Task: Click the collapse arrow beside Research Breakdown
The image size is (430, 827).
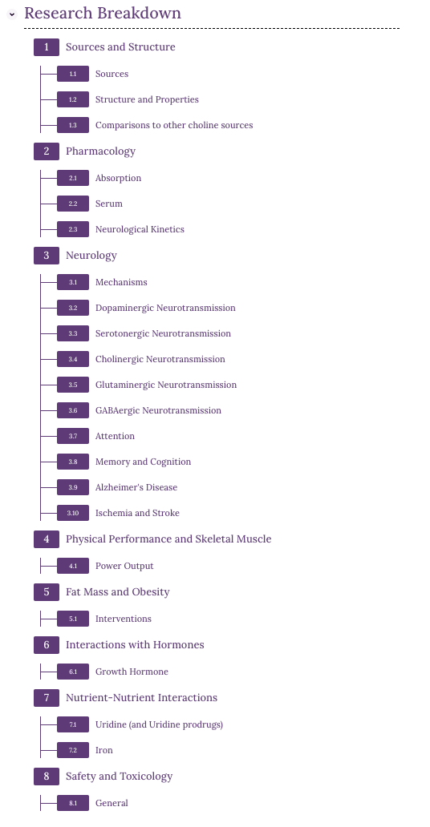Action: pos(12,14)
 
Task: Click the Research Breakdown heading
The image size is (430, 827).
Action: pos(103,13)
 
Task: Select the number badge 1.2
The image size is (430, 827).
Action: pos(73,99)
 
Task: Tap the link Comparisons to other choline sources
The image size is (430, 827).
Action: pos(174,126)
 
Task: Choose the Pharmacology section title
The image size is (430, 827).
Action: pos(100,151)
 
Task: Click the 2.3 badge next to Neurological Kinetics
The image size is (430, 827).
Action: pos(73,229)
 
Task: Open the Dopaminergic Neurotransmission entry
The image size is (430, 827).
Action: pos(165,308)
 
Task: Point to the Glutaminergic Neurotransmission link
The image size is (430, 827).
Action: pos(166,385)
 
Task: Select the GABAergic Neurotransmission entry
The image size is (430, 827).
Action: pos(158,410)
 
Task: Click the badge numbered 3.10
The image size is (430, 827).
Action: pos(73,513)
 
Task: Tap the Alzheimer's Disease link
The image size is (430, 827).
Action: pos(136,487)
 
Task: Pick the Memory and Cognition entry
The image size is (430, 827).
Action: pos(143,462)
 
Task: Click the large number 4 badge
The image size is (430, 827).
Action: pos(47,539)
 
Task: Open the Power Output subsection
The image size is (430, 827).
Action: pos(124,566)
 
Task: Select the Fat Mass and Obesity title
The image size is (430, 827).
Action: pos(117,591)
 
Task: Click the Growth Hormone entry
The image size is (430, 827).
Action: pos(132,672)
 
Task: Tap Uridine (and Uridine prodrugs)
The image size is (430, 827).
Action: pos(159,724)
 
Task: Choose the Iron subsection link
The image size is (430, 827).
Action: pos(104,751)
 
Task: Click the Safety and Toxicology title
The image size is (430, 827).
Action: pos(119,777)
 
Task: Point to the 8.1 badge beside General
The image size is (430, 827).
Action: pos(73,803)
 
